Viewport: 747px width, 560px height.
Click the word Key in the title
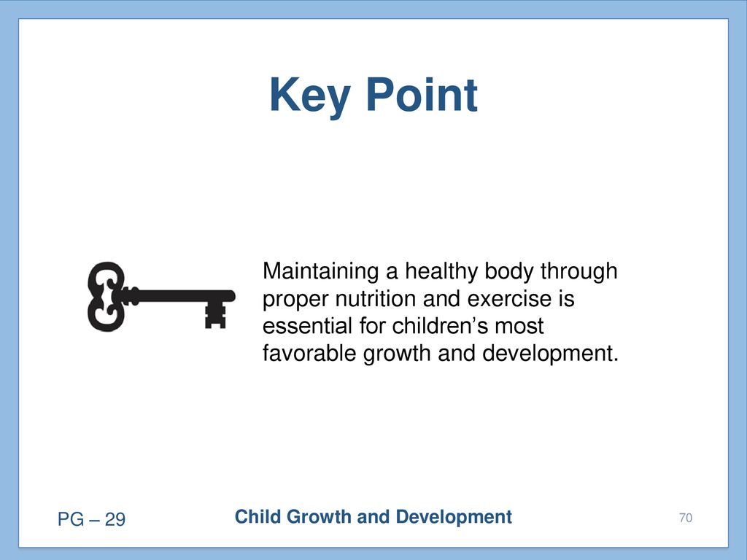click(310, 97)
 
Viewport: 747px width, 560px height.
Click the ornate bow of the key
click(107, 296)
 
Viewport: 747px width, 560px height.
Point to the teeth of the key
click(215, 316)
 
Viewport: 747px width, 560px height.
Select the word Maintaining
click(321, 271)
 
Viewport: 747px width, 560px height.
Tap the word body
click(508, 271)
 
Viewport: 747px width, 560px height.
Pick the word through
click(578, 271)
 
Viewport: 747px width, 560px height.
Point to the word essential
click(307, 326)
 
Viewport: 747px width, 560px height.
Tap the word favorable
click(309, 354)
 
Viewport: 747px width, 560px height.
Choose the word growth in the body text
click(397, 354)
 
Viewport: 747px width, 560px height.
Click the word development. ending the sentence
click(550, 354)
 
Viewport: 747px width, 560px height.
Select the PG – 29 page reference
click(91, 519)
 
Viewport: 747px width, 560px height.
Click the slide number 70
click(686, 518)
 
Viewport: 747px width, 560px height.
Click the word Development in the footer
click(454, 518)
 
